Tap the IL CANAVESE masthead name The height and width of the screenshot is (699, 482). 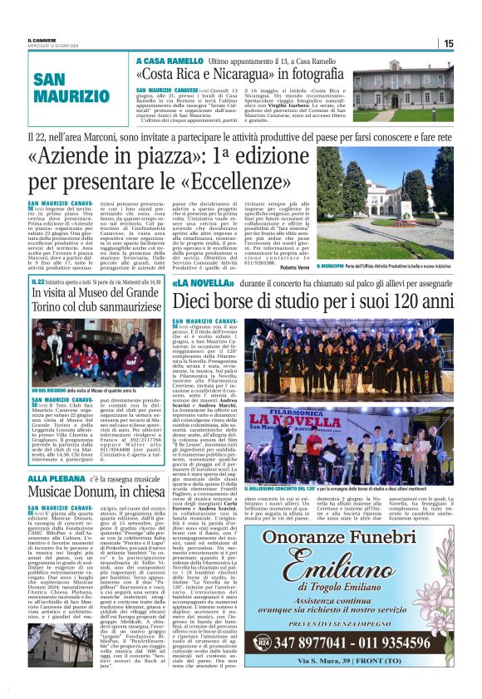click(x=41, y=40)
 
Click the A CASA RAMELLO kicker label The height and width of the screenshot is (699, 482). click(x=170, y=61)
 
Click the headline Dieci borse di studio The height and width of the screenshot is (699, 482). click(x=311, y=302)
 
